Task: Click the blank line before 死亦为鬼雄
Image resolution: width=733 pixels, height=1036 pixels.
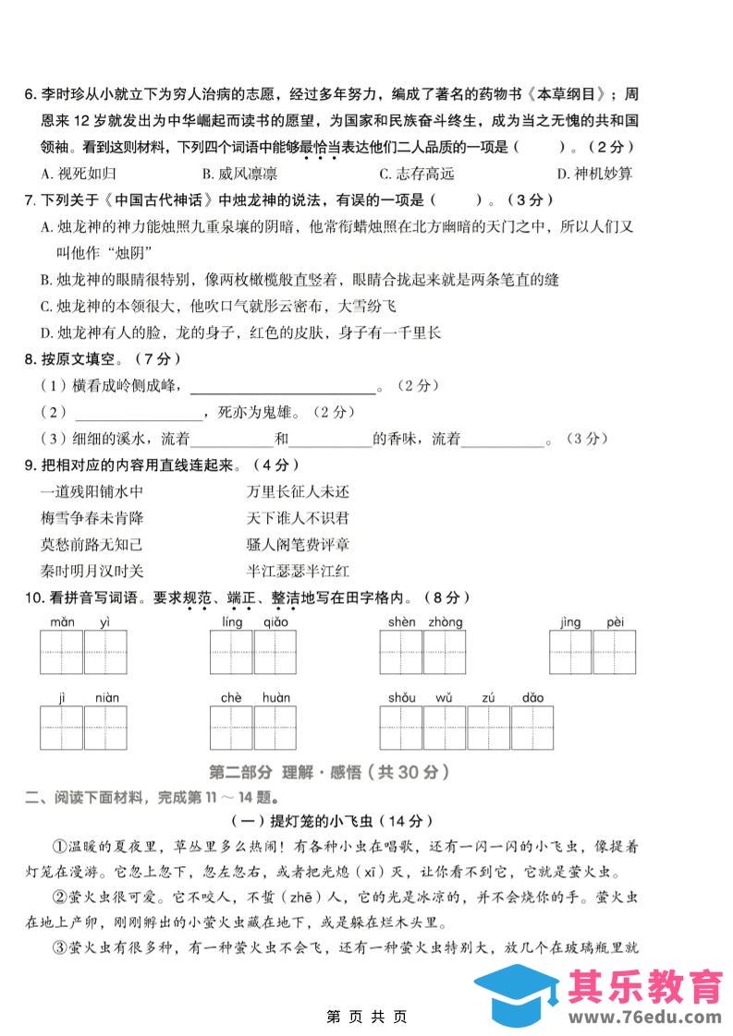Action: (x=137, y=413)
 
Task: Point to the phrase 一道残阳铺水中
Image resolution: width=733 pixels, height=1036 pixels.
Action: (x=92, y=492)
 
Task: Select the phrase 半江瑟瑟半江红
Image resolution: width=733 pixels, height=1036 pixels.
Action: (x=298, y=572)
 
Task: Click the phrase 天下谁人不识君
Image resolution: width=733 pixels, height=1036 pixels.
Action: (x=298, y=519)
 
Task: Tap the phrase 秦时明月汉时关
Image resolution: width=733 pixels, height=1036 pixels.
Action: (x=92, y=572)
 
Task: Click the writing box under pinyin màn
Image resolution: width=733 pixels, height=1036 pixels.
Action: (x=61, y=654)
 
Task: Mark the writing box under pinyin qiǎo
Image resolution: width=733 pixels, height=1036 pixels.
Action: (x=275, y=654)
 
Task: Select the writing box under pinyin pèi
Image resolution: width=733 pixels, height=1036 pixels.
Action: (x=616, y=654)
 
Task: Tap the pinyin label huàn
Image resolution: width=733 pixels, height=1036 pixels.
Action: (x=275, y=698)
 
